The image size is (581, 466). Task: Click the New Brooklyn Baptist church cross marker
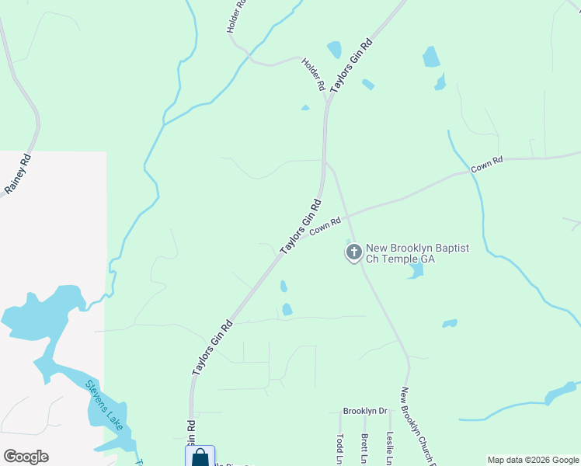point(353,252)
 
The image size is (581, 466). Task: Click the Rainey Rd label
point(18,174)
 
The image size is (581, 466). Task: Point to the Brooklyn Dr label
point(365,411)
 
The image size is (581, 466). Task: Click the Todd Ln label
point(339,449)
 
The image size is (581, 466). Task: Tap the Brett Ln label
point(364,449)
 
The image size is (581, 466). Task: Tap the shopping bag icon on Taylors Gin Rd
point(200,457)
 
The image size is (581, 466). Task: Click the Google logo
point(26,457)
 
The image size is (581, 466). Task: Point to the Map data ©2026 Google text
point(532,460)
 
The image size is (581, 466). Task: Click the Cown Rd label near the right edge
point(487,164)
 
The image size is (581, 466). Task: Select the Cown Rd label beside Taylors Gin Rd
point(325,226)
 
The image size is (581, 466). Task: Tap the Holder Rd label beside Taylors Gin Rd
point(313,75)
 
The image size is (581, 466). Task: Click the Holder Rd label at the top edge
point(236,16)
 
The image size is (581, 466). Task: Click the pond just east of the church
point(416,270)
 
